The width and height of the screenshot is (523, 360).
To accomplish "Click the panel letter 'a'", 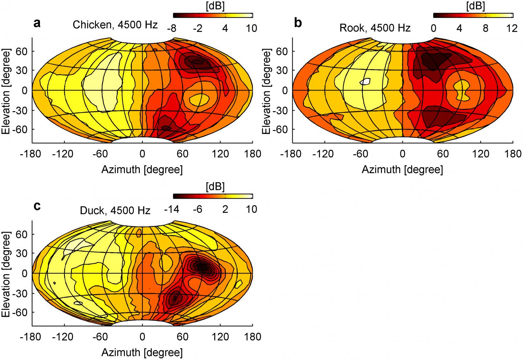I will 37,24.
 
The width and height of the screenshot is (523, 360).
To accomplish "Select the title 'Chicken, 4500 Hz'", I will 115,25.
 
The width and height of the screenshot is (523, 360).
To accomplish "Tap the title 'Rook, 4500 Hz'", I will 375,28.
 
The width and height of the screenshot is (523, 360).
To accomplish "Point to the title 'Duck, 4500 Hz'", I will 115,210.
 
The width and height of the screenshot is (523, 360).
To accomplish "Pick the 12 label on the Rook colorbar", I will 512,28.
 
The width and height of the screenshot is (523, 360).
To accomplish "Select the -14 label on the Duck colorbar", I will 172,210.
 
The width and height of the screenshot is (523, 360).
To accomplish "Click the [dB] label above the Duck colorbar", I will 215,187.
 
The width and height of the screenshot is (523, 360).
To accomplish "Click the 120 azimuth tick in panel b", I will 481,154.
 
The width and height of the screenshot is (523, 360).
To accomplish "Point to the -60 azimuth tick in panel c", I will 100,337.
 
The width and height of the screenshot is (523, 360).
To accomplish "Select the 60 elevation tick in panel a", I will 23,51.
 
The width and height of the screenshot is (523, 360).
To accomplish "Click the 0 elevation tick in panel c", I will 25,273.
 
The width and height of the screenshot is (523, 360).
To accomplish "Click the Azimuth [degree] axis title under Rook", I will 402,170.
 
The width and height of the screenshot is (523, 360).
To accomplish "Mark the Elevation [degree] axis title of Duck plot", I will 7,273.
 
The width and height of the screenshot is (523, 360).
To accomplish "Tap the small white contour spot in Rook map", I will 365,81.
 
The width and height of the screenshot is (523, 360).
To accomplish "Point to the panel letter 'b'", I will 298,24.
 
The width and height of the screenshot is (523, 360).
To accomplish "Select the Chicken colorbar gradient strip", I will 212,15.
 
